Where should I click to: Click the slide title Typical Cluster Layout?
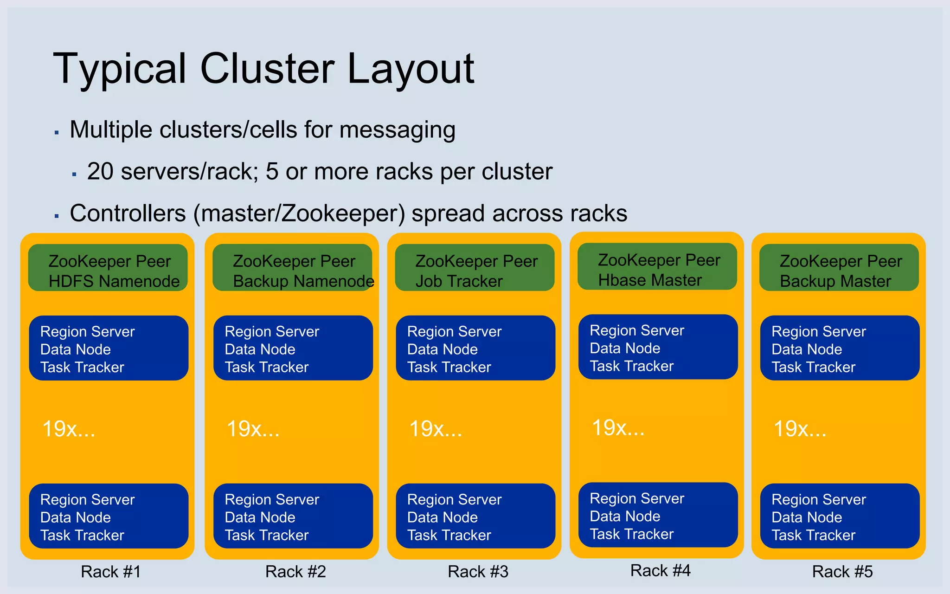click(263, 69)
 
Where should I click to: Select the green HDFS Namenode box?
click(108, 268)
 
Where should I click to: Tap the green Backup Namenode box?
click(292, 268)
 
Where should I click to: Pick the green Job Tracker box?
click(475, 268)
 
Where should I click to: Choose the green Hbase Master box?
click(657, 267)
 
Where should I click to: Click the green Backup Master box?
click(839, 268)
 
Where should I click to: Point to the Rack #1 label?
click(110, 572)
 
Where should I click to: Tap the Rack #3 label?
click(478, 572)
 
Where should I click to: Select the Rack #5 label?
click(842, 572)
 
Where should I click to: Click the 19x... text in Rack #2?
click(253, 429)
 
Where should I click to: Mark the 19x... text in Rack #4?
click(618, 427)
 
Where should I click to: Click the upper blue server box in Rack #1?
click(109, 348)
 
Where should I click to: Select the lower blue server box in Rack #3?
click(475, 516)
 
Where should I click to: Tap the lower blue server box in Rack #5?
click(840, 516)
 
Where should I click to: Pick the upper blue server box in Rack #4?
click(658, 347)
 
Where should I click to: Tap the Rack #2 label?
click(295, 572)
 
